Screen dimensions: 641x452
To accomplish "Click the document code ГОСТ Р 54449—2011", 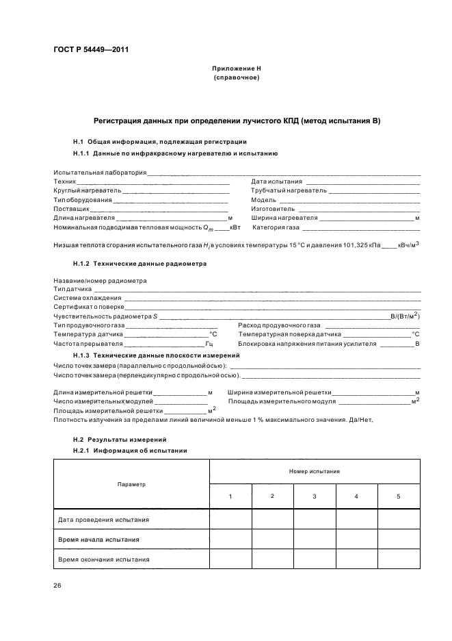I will tap(90, 49).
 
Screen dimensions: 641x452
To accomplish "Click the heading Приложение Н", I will tap(237, 69).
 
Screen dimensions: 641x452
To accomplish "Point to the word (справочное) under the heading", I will tap(237, 77).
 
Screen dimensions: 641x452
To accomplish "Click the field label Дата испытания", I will tap(272, 181).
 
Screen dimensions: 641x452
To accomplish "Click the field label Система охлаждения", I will tap(88, 298).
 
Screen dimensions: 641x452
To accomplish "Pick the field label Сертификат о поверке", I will tap(89, 307).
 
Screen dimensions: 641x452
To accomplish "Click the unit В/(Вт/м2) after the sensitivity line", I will tap(404, 316).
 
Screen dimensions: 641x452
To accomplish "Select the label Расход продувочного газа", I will tap(279, 325).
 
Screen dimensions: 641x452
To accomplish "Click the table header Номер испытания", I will tap(315, 472).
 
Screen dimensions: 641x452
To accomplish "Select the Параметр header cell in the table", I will tap(131, 484).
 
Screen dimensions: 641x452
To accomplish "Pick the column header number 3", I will tap(315, 496).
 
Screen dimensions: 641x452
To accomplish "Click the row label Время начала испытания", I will tap(99, 539).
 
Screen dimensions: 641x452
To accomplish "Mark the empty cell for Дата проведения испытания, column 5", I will tap(399, 519).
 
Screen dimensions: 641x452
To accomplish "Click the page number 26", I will tap(57, 584).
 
